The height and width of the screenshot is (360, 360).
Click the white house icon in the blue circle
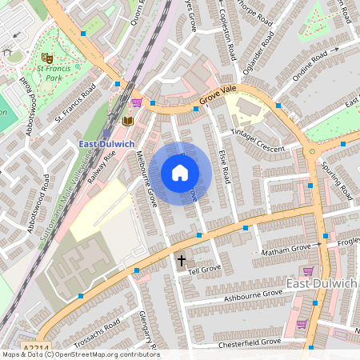180,173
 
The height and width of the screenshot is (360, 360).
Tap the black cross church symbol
181,261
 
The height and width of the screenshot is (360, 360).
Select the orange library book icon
127,121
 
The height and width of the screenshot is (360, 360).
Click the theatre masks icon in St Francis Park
47,58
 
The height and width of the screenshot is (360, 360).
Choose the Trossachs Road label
98,329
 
